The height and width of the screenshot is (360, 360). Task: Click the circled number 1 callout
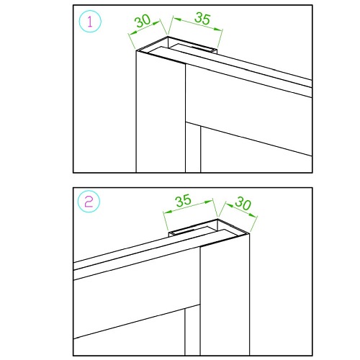90,22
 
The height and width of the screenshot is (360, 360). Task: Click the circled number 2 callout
89,202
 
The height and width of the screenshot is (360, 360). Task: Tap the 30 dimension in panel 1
143,21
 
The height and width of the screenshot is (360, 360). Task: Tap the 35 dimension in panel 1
203,19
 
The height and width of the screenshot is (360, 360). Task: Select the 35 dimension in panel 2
184,200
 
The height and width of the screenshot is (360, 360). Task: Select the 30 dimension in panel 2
243,203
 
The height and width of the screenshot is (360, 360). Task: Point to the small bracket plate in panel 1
195,48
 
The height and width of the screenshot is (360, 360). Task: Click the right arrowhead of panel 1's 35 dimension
218,29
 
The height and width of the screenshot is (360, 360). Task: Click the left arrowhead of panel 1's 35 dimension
177,19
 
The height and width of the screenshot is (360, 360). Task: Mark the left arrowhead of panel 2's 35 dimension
168,212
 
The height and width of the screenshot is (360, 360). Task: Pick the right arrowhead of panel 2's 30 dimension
253,215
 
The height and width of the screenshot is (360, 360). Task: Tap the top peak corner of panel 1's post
168,37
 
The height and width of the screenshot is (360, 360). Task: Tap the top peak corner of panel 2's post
217,219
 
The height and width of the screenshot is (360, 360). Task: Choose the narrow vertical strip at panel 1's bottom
193,148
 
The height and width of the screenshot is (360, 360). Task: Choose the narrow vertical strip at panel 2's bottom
192,330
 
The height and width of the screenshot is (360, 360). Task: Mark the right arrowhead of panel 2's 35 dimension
209,202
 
